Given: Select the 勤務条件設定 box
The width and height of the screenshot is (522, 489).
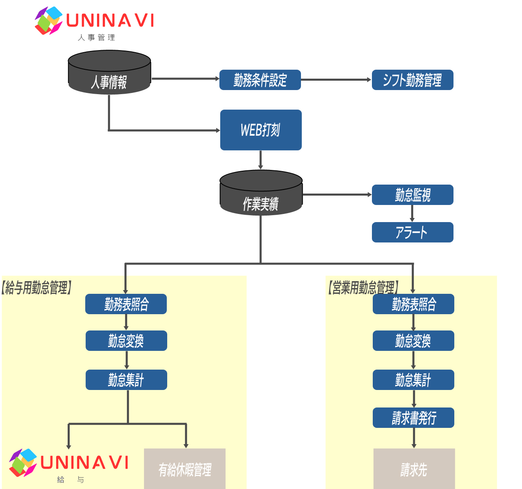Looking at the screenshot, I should pos(260,80).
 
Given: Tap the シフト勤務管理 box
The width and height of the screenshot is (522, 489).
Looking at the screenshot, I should pos(412,80).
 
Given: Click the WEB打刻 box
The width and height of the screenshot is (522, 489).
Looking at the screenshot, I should pos(261,130).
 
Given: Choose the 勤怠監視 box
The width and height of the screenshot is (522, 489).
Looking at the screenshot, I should pos(412,195).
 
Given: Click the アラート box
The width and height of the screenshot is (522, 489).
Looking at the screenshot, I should pos(412,232).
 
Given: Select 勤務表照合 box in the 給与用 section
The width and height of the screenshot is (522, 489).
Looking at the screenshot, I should pos(126,304).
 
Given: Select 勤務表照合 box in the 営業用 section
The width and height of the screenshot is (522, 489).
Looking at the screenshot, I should pos(413,304).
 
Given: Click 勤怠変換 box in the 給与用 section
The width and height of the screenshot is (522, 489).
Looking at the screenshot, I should pos(126,341).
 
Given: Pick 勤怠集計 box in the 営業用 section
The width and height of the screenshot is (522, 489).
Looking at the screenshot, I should pos(413,380).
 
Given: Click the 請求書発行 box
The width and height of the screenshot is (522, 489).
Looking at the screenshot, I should pos(413,418).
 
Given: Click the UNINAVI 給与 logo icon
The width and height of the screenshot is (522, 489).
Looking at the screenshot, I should pos(23,463).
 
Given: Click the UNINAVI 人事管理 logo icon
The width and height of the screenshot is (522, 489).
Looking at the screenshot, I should pos(49,20).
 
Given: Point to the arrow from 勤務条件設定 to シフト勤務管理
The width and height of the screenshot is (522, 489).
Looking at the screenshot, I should pos(336,80).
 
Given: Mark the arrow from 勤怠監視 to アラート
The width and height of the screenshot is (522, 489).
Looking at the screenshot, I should pos(412,213).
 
